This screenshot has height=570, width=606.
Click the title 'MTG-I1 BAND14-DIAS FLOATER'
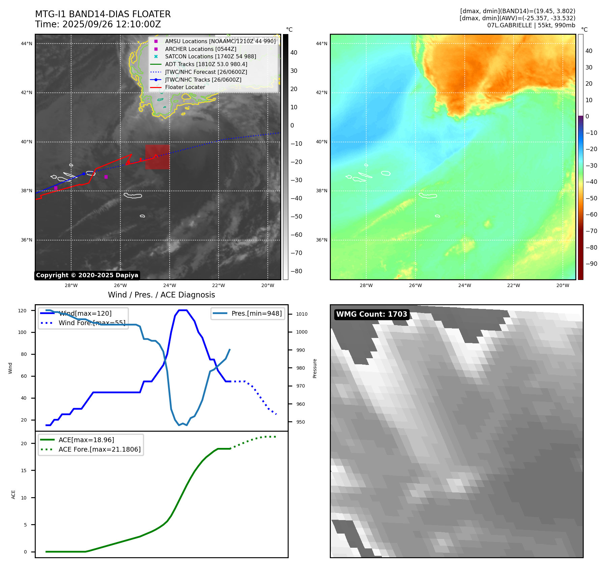(x=103, y=14)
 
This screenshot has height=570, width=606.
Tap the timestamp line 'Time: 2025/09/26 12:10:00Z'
(x=98, y=24)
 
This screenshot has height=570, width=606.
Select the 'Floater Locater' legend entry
(x=185, y=87)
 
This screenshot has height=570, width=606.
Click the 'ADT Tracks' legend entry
(x=206, y=64)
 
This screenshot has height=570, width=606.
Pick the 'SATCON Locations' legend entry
(x=210, y=56)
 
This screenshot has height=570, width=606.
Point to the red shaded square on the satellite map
(x=157, y=157)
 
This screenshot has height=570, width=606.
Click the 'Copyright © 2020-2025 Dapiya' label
(x=87, y=275)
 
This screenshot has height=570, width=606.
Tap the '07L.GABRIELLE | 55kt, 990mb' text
(x=531, y=25)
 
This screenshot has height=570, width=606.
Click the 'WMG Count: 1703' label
(x=372, y=314)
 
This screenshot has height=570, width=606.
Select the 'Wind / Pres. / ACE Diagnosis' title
(x=161, y=295)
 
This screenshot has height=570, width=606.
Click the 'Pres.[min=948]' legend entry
(x=256, y=313)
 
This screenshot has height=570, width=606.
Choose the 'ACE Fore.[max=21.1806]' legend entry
(x=99, y=449)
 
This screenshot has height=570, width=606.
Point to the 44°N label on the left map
(x=27, y=44)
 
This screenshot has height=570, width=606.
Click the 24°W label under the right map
(x=464, y=285)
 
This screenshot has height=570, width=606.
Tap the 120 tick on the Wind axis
(x=22, y=311)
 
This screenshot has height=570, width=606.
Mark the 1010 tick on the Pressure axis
(x=302, y=314)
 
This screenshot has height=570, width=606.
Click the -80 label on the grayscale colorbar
(x=296, y=271)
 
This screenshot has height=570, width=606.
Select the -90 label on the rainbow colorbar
(x=591, y=264)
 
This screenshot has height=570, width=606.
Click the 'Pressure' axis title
(x=315, y=368)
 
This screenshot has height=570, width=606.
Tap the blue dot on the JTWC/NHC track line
(x=84, y=174)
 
